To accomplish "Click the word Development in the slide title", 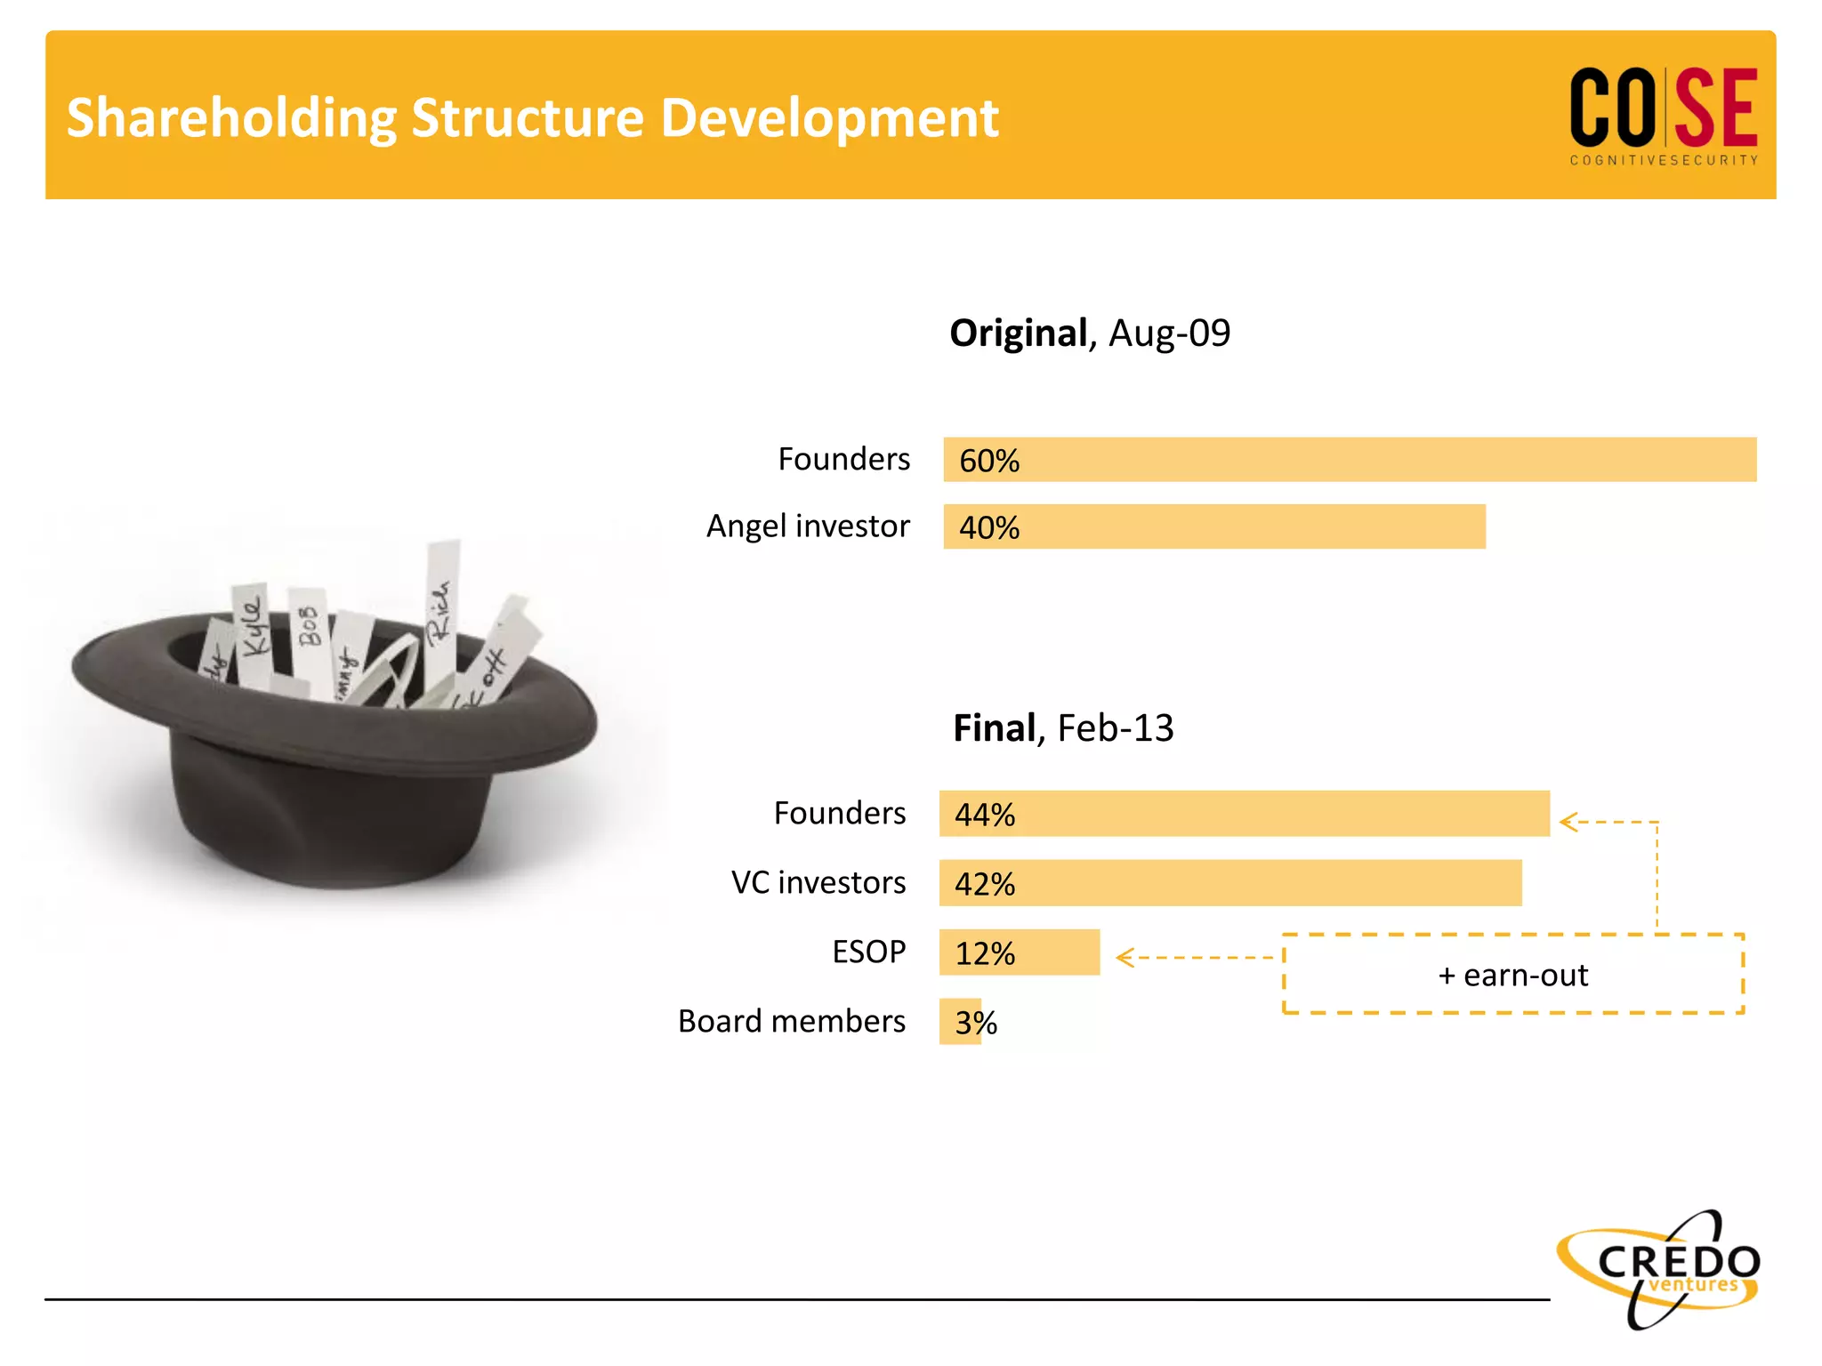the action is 829,118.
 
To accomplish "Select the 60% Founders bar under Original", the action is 1349,460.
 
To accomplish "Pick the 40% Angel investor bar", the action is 1213,526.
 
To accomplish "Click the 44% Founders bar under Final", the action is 1244,814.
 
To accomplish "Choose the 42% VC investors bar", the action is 1229,883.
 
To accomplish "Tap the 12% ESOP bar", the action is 1019,952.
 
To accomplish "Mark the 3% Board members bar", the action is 960,1022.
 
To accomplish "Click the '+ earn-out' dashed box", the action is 1512,975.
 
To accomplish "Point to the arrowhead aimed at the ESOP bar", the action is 1125,958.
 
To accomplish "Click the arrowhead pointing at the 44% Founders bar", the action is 1568,823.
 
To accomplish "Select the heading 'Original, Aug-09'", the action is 1089,333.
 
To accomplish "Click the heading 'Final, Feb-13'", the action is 1062,728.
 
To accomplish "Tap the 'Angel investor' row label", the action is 807,526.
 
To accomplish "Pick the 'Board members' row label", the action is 791,1021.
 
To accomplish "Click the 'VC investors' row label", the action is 818,882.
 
